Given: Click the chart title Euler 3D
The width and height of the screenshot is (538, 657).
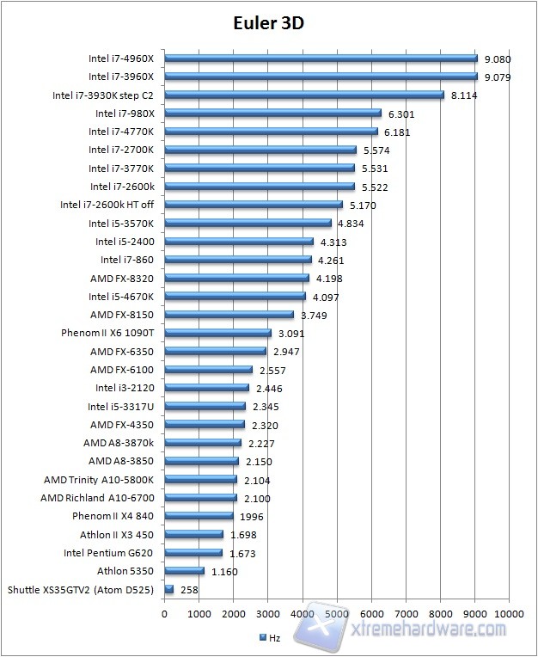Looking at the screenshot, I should coord(268,23).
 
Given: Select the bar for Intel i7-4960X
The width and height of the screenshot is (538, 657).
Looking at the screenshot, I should coord(321,58).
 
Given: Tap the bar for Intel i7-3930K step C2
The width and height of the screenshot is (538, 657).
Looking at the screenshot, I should coord(303,95).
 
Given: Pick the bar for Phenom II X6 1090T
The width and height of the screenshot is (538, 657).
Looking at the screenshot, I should coord(217,333).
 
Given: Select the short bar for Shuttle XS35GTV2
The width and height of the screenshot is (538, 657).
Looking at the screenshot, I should coord(168,589).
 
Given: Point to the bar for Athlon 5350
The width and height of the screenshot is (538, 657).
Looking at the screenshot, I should coord(184,571).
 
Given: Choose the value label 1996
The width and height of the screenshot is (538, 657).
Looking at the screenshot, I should coord(252,517).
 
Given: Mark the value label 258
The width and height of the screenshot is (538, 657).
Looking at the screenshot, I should coord(190,590).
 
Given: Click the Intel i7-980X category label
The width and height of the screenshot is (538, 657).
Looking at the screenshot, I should coord(124,114).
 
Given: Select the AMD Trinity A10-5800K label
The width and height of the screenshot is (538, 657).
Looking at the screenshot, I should coord(99,480).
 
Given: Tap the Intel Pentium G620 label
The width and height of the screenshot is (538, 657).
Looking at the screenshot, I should coord(108,553).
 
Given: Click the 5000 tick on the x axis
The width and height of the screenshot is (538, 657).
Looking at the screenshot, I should coord(337,614).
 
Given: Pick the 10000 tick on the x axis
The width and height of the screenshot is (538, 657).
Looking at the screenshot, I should coord(510,614).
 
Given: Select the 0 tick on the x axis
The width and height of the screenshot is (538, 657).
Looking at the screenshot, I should coord(164,614).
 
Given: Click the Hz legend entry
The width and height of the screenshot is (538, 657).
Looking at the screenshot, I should coord(270,637).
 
